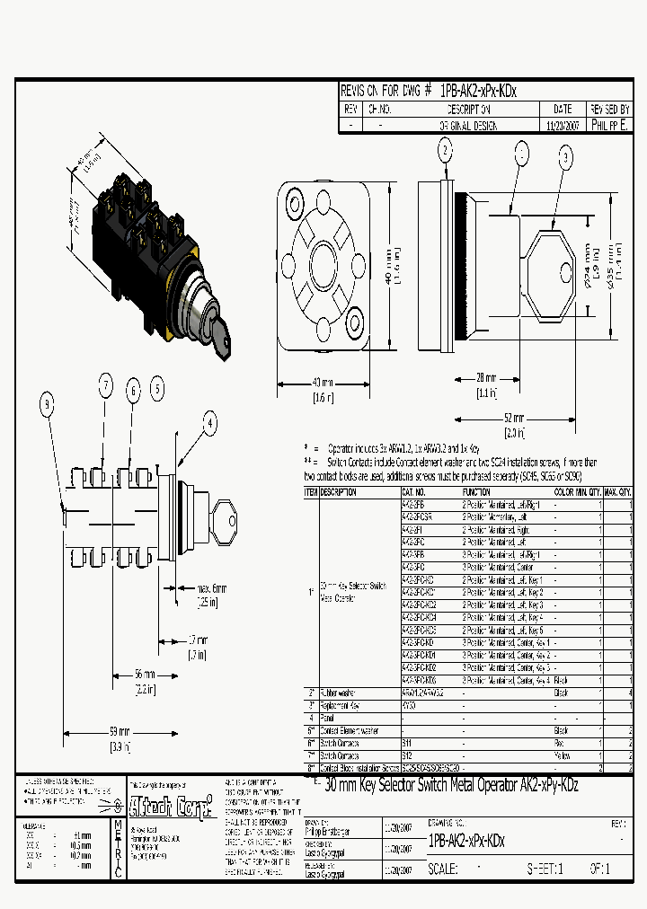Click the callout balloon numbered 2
coord(445,150)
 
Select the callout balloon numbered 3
coord(565,158)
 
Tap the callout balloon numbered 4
coord(209,422)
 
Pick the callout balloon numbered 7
coord(105,388)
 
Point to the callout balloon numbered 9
coord(47,406)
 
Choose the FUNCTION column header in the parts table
coord(476,492)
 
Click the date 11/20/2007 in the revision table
coord(563,127)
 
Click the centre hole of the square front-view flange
coord(323,269)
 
